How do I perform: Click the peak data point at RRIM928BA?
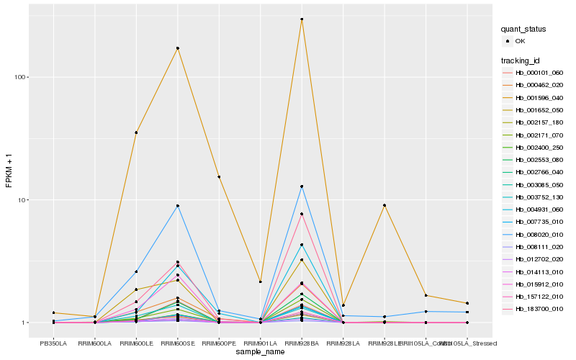[x=302, y=19]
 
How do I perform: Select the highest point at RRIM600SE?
[x=178, y=48]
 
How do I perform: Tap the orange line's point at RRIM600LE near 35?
[x=136, y=132]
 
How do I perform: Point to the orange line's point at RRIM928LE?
[x=385, y=205]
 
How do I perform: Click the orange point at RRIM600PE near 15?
[x=219, y=176]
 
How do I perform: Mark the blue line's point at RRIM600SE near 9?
[x=178, y=206]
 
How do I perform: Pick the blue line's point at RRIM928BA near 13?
[x=302, y=186]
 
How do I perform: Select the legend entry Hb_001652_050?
[x=540, y=111]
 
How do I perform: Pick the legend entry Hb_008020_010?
[x=540, y=234]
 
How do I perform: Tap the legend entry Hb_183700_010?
[x=540, y=308]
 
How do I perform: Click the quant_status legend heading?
[x=523, y=30]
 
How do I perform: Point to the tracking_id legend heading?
[x=521, y=61]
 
